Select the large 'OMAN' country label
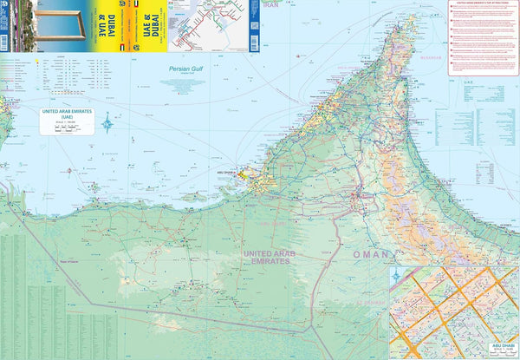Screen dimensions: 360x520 (x=372, y=254)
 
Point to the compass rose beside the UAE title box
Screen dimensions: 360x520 (x=107, y=122)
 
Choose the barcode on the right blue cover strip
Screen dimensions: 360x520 (x=254, y=25)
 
